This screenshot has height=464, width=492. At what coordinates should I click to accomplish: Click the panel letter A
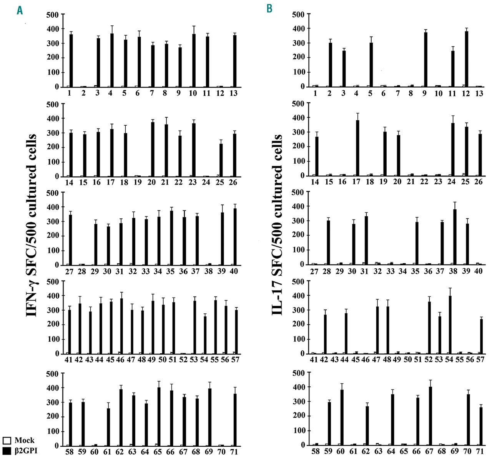click(x=20, y=10)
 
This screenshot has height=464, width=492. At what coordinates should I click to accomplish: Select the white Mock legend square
click(x=7, y=440)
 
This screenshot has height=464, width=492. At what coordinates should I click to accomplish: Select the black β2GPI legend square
click(x=7, y=451)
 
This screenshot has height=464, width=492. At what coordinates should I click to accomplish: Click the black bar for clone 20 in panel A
click(x=153, y=150)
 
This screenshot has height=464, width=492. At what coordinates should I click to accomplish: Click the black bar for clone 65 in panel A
click(x=158, y=417)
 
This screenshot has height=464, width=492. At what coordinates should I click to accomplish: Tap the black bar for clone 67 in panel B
click(x=430, y=416)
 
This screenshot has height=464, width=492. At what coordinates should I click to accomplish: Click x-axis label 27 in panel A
click(x=69, y=271)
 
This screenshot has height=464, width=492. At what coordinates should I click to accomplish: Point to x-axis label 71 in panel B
click(x=480, y=451)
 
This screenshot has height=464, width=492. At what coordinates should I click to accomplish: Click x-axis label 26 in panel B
click(x=479, y=182)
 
